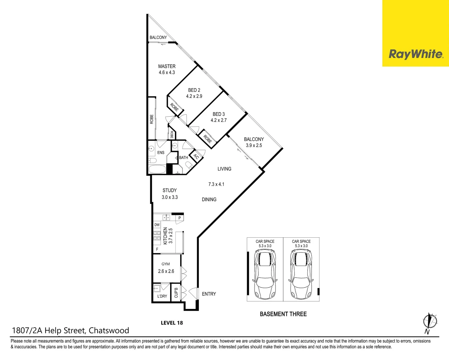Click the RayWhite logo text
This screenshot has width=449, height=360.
416,54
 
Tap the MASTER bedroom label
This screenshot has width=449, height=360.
167,66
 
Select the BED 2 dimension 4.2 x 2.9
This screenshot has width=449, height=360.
194,96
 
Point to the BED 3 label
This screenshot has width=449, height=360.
219,114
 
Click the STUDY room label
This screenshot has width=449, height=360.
170,190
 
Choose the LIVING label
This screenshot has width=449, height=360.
224,169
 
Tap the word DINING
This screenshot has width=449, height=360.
209,199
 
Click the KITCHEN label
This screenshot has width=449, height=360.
166,236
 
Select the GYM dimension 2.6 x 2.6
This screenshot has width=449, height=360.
166,271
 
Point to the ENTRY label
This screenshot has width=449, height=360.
209,294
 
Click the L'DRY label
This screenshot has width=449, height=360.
162,296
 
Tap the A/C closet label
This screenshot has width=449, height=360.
196,157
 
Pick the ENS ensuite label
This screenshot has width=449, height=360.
161,153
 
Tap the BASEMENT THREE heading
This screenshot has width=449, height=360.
283,314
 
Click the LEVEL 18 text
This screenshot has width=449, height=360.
172,323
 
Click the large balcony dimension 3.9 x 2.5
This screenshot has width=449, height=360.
254,145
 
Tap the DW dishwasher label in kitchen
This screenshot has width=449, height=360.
157,225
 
